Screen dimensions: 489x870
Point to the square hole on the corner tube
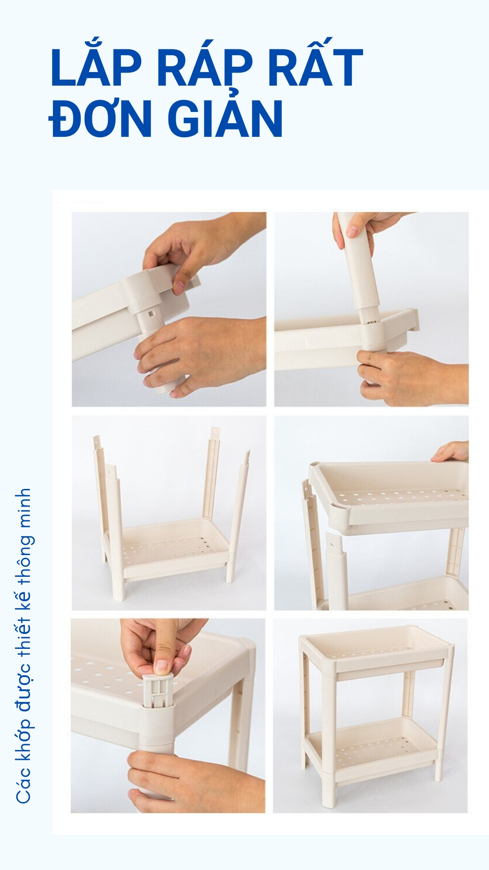point(150,313)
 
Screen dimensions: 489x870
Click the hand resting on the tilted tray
point(451,452)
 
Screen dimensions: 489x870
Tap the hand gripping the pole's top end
point(362,229)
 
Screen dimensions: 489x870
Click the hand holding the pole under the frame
point(199,353)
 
